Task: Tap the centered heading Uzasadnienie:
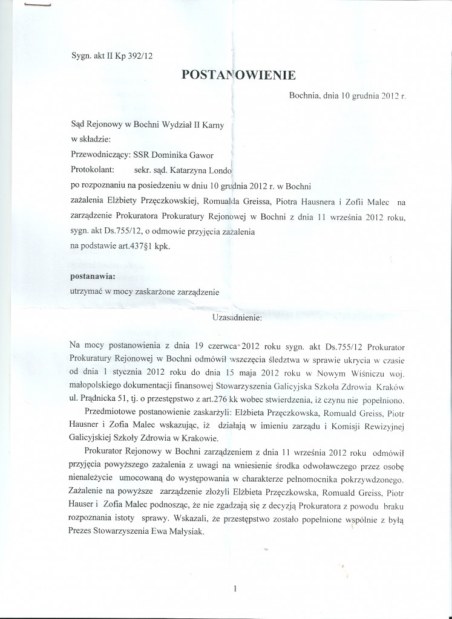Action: [237, 316]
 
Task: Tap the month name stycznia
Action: [131, 372]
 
